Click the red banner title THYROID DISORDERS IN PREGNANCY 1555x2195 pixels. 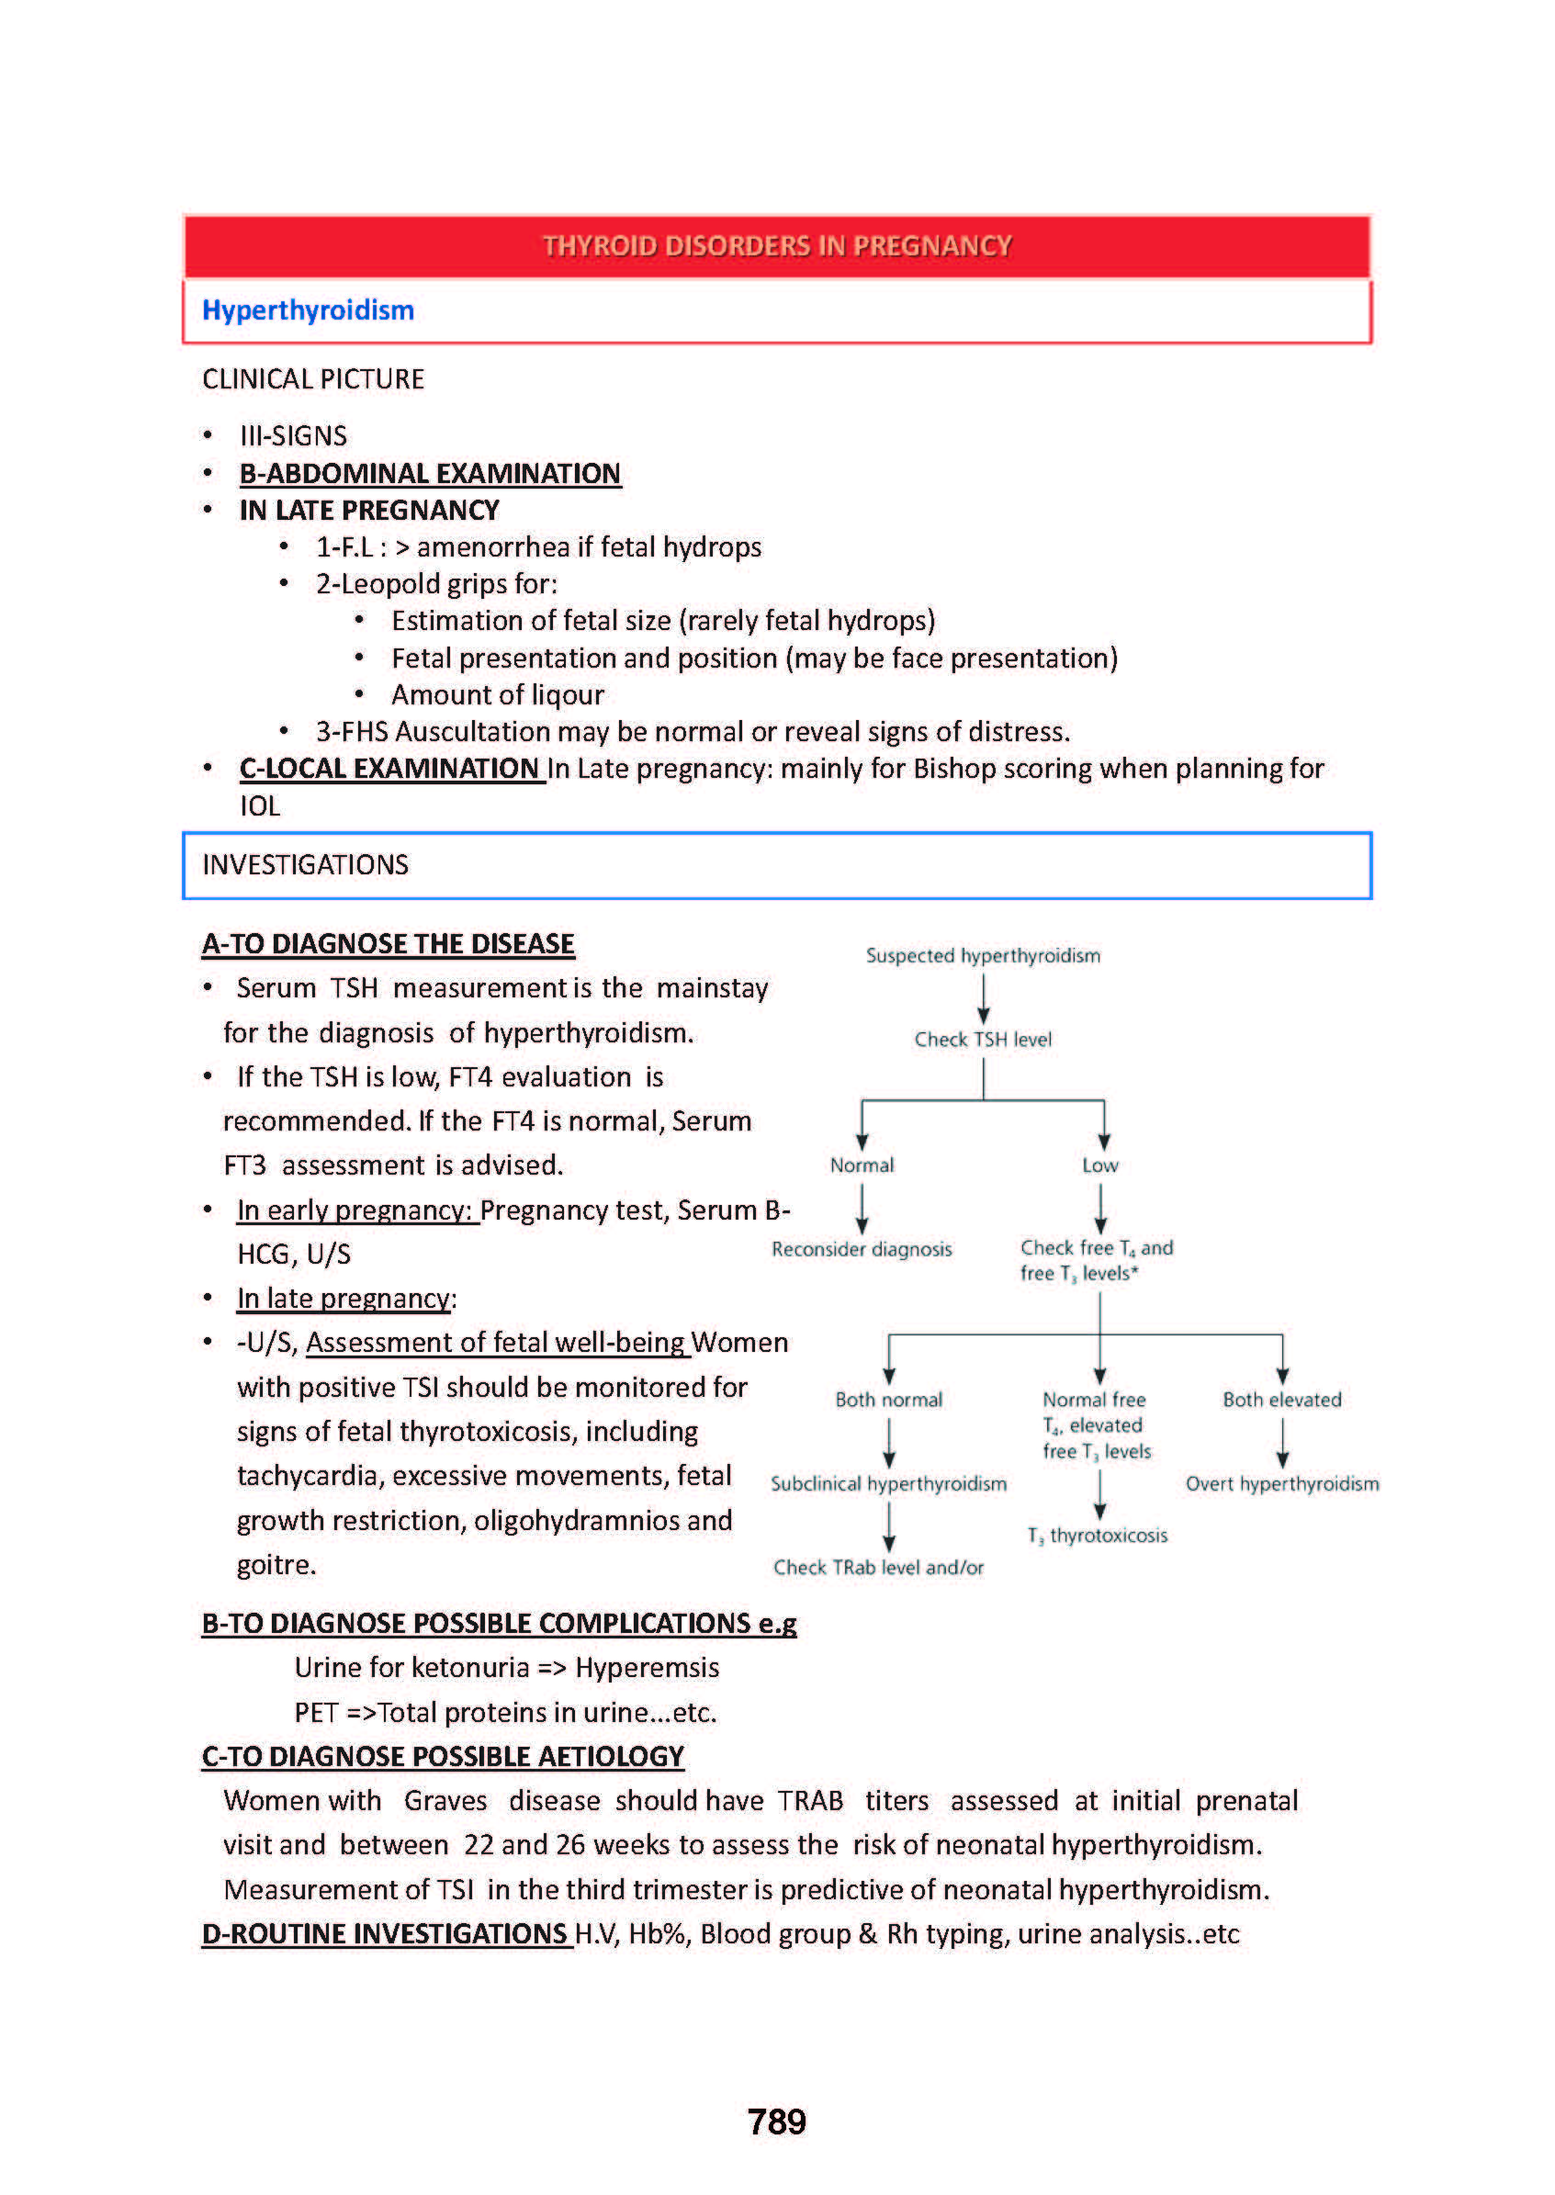[776, 246]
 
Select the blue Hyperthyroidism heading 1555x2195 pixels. [308, 310]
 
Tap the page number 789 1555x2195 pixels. [776, 2122]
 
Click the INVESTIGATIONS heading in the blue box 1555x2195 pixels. [306, 865]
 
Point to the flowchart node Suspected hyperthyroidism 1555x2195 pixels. [983, 955]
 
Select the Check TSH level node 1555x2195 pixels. [983, 1040]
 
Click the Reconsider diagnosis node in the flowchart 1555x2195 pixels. [862, 1249]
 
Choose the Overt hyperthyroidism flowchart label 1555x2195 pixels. [1282, 1484]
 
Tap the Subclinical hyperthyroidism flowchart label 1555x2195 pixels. [888, 1484]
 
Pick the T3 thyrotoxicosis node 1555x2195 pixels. [1098, 1536]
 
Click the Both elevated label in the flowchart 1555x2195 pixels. [1282, 1400]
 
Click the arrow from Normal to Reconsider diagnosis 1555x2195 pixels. [862, 1208]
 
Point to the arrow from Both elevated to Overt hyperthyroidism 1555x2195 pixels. [1282, 1443]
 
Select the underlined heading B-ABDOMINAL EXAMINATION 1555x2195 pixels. [430, 474]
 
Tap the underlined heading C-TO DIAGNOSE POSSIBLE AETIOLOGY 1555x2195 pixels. [443, 1757]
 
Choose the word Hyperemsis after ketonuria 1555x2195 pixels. [647, 1668]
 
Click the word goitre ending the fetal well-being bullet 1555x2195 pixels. [276, 1565]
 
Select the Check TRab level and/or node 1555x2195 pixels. [878, 1568]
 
